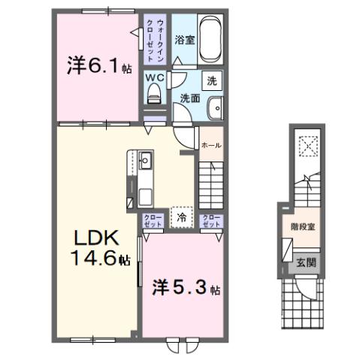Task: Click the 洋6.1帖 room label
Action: click(x=98, y=67)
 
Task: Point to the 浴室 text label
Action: click(x=186, y=41)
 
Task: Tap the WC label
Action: click(x=156, y=77)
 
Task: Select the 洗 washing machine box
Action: click(x=212, y=80)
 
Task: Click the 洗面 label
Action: click(x=189, y=97)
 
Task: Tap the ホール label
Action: click(x=211, y=145)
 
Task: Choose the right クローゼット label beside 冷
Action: click(x=212, y=220)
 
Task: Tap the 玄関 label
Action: click(x=305, y=262)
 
